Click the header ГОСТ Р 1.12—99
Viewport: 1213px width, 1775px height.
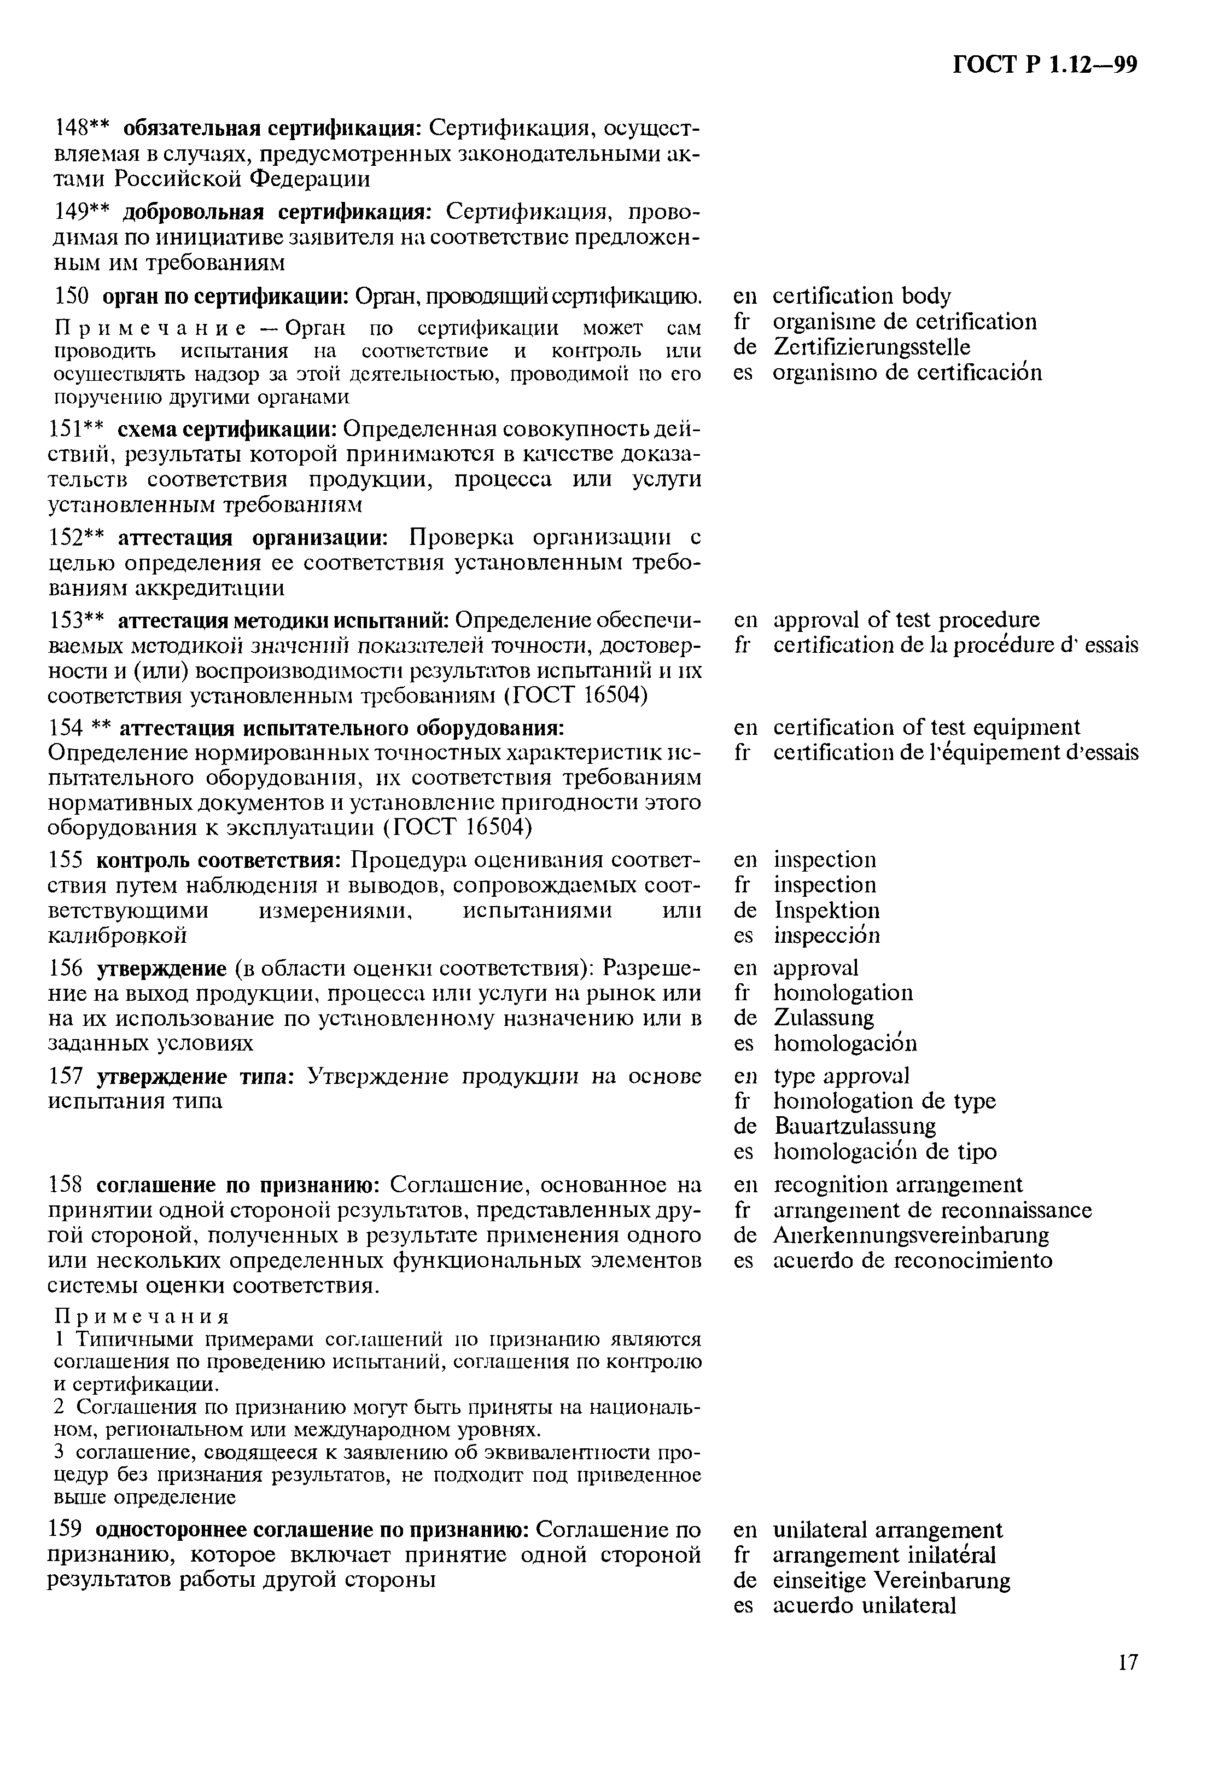[1045, 66]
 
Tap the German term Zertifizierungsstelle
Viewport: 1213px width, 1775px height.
[871, 347]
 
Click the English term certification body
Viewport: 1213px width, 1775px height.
[862, 297]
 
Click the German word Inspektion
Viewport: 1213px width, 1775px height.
[827, 910]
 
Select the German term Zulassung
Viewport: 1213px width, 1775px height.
[824, 1018]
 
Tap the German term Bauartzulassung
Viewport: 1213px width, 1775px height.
[855, 1127]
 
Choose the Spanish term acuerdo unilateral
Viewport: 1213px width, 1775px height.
[864, 1606]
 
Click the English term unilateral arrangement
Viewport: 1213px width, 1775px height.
[888, 1530]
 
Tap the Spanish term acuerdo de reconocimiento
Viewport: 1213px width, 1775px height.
[912, 1260]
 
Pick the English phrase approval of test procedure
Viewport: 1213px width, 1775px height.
[906, 619]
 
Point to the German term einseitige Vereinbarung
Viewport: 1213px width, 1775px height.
[891, 1581]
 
